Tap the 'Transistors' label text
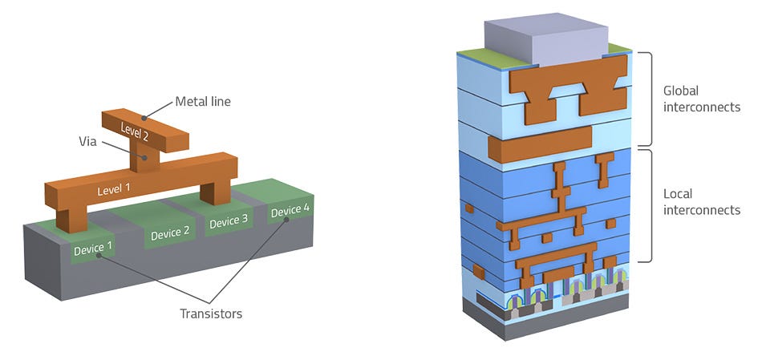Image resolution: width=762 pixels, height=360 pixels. pyautogui.click(x=211, y=313)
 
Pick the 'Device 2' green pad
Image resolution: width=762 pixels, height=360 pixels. pyautogui.click(x=170, y=233)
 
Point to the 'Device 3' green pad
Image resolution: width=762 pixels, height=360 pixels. pyautogui.click(x=229, y=221)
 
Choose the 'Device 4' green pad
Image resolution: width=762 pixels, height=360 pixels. pyautogui.click(x=289, y=211)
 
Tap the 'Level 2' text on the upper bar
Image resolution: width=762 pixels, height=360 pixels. pyautogui.click(x=134, y=129)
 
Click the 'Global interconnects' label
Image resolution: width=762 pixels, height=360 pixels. pyautogui.click(x=702, y=98)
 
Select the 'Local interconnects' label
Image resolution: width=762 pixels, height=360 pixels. pyautogui.click(x=702, y=202)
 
